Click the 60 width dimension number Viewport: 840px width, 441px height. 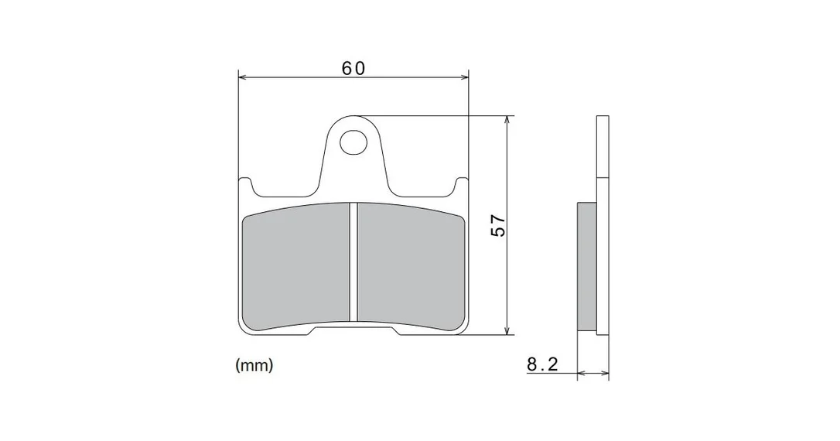pos(353,68)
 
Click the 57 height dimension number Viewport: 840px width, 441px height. pos(498,225)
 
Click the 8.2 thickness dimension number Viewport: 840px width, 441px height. pos(543,364)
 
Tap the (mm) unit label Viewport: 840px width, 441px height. pos(254,365)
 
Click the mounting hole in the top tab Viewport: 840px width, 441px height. pos(353,142)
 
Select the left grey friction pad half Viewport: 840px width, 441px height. pos(296,266)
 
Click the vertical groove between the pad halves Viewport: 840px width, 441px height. pos(353,262)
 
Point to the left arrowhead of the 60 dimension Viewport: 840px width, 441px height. pos(242,77)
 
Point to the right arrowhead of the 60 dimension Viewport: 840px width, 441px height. pos(464,77)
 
